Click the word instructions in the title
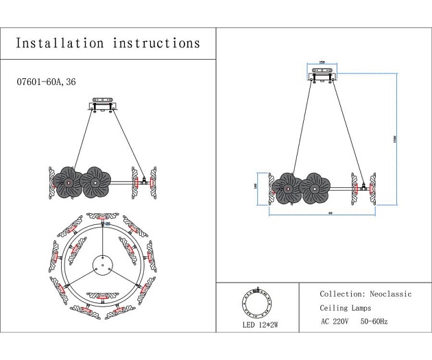click(153, 43)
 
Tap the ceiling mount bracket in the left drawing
click(104, 106)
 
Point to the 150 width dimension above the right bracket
click(322, 63)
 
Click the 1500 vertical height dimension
click(394, 137)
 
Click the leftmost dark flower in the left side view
click(68, 182)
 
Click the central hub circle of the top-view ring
click(102, 265)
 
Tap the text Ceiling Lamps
click(346, 308)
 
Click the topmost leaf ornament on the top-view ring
click(103, 219)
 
